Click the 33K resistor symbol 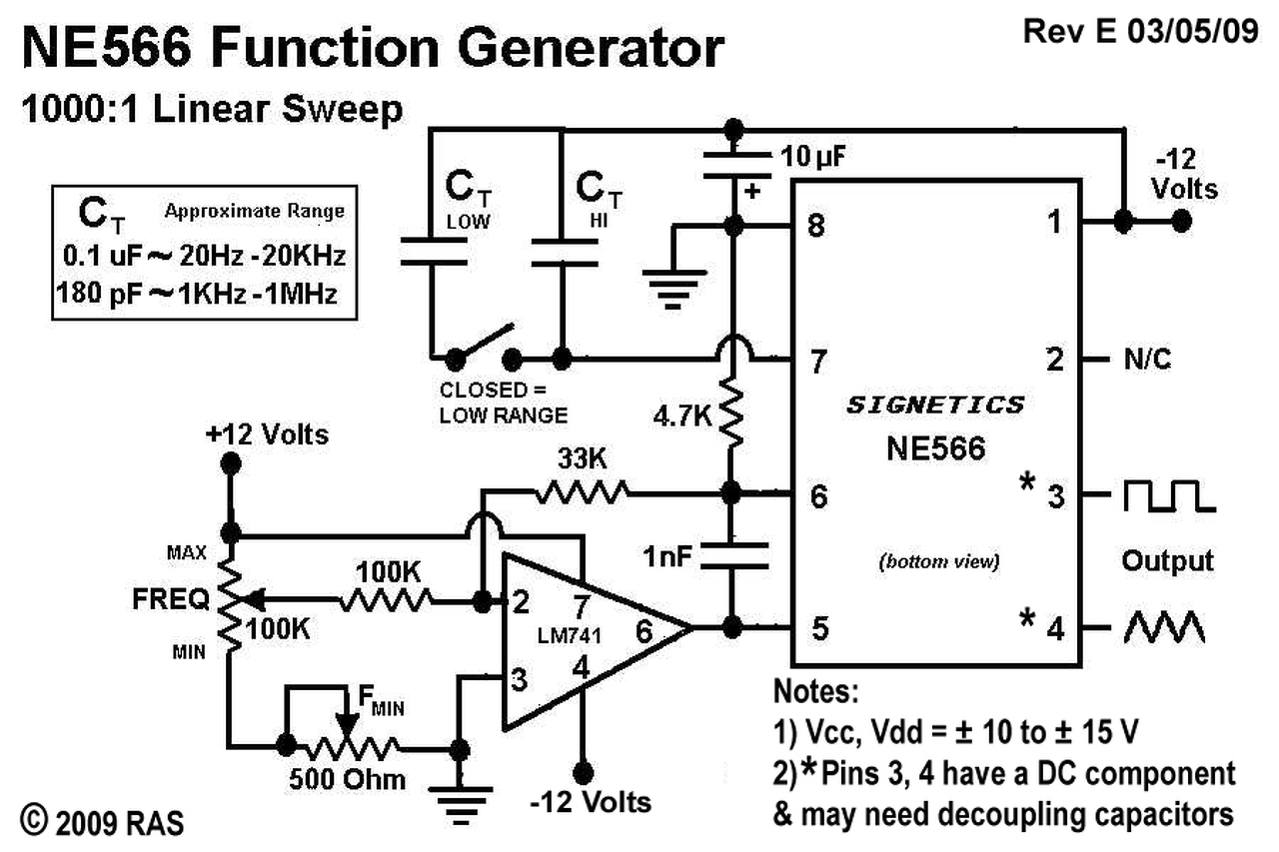[x=583, y=490]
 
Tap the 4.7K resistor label [x=683, y=413]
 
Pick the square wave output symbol [x=1168, y=495]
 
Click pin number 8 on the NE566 [x=816, y=227]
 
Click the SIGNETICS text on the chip [x=935, y=405]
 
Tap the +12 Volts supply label [x=267, y=435]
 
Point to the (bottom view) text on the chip [x=938, y=560]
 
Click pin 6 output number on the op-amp [x=644, y=630]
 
